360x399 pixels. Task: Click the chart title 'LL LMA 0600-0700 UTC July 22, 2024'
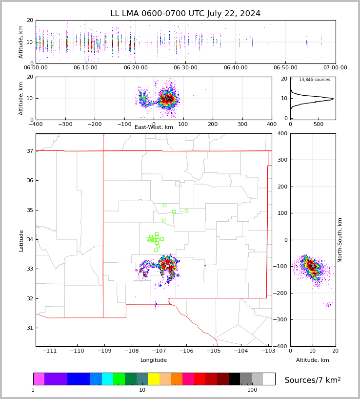point(185,14)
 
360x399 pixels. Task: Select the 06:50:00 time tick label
point(285,68)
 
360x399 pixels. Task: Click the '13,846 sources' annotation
point(314,80)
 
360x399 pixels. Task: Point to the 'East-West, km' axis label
point(154,127)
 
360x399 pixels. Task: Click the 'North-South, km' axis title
point(340,240)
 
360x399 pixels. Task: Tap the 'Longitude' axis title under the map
point(154,360)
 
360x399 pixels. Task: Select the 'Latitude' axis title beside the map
point(21,240)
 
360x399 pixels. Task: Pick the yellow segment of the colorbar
point(154,379)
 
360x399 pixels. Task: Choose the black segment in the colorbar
point(234,379)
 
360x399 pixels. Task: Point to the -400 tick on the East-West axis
point(36,124)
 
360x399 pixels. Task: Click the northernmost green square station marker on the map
point(164,205)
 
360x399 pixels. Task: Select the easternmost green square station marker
point(186,210)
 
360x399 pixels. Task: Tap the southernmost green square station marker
point(156,250)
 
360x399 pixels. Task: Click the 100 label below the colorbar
point(252,390)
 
